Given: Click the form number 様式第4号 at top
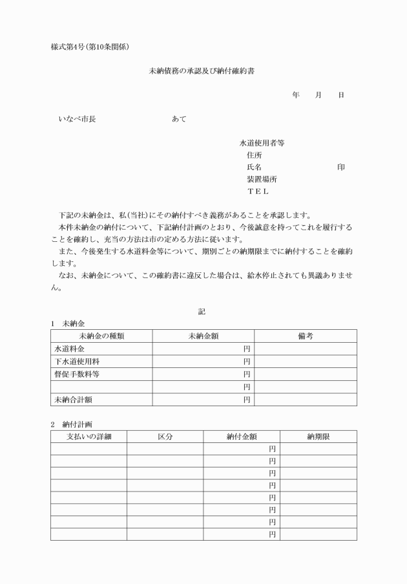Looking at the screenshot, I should coord(70,47).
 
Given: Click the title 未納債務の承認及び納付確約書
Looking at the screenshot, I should coord(202,72).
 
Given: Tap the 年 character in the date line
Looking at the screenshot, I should coord(296,95).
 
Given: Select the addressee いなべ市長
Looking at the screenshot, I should coord(77,120).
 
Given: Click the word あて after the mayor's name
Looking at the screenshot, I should coord(179,120).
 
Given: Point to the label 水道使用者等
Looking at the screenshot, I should coord(262,144).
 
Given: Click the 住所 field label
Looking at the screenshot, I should coord(255,155).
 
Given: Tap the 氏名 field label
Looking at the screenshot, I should coord(255,167).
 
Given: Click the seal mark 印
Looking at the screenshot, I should coord(340,167).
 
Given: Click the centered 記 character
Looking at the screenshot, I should coord(202,311).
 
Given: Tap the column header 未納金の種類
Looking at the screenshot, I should coord(101,336).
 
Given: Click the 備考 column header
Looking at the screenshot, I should coord(306,336).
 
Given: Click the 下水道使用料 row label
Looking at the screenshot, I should coord(72,362).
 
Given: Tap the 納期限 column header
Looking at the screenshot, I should coord(318,437).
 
